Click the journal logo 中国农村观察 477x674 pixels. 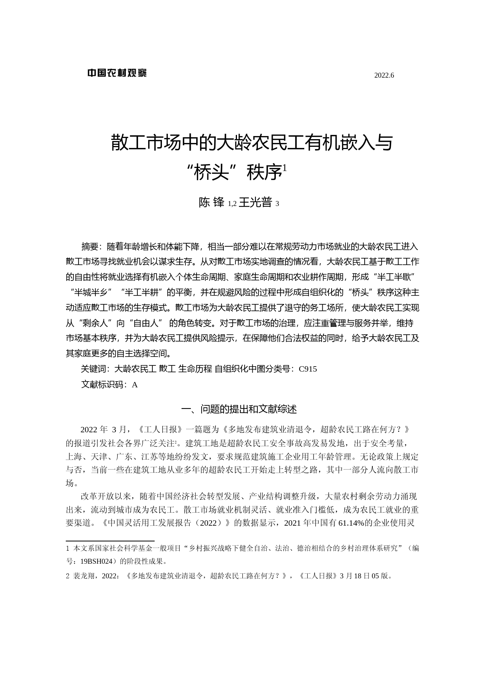(x=117, y=73)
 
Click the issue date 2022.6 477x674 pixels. (x=384, y=76)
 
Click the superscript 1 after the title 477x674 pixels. (x=285, y=168)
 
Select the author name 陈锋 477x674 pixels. (x=211, y=203)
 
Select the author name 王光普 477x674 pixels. (x=255, y=203)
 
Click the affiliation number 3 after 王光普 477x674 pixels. (x=277, y=204)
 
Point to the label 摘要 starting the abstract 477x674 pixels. (x=90, y=246)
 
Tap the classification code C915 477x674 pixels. (x=308, y=369)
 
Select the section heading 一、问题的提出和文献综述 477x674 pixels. (x=239, y=409)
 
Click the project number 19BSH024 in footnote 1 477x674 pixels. (x=98, y=561)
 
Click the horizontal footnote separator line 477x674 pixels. (x=110, y=541)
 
